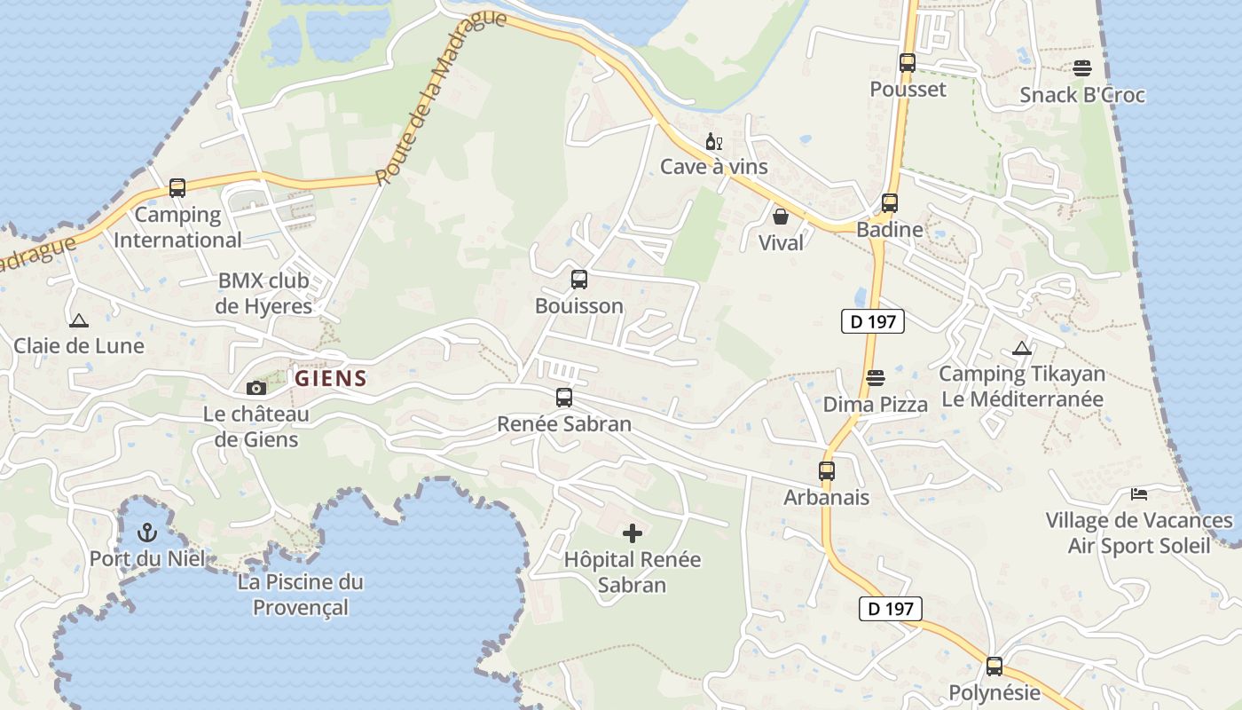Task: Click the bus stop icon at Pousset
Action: point(907,63)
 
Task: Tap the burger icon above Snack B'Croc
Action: point(1081,68)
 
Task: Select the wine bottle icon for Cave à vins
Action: point(713,142)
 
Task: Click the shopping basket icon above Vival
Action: point(781,217)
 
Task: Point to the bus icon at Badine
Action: point(889,203)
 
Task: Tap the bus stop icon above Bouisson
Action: point(578,280)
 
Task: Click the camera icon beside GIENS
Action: point(256,388)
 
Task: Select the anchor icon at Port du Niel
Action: point(147,532)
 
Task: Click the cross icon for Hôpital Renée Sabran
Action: point(633,533)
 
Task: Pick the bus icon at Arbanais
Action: point(826,471)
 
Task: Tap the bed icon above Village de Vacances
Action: point(1138,493)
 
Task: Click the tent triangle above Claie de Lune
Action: point(78,320)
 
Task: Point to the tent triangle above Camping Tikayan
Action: point(1021,349)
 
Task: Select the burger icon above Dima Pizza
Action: point(875,378)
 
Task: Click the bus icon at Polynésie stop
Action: point(994,667)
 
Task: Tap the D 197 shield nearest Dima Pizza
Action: point(872,321)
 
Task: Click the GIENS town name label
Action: point(331,379)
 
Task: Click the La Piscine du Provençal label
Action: point(301,595)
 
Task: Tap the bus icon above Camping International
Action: point(177,188)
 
